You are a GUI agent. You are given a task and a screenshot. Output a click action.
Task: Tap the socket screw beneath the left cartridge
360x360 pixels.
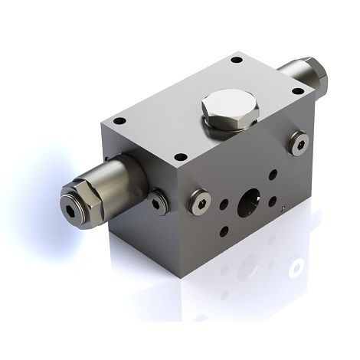coord(158,201)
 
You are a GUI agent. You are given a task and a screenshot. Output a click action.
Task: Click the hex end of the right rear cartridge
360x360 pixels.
coord(316,74)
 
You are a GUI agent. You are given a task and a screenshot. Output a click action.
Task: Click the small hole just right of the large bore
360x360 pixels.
coord(273,202)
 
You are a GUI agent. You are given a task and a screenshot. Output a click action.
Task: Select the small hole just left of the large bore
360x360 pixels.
coord(224,205)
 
